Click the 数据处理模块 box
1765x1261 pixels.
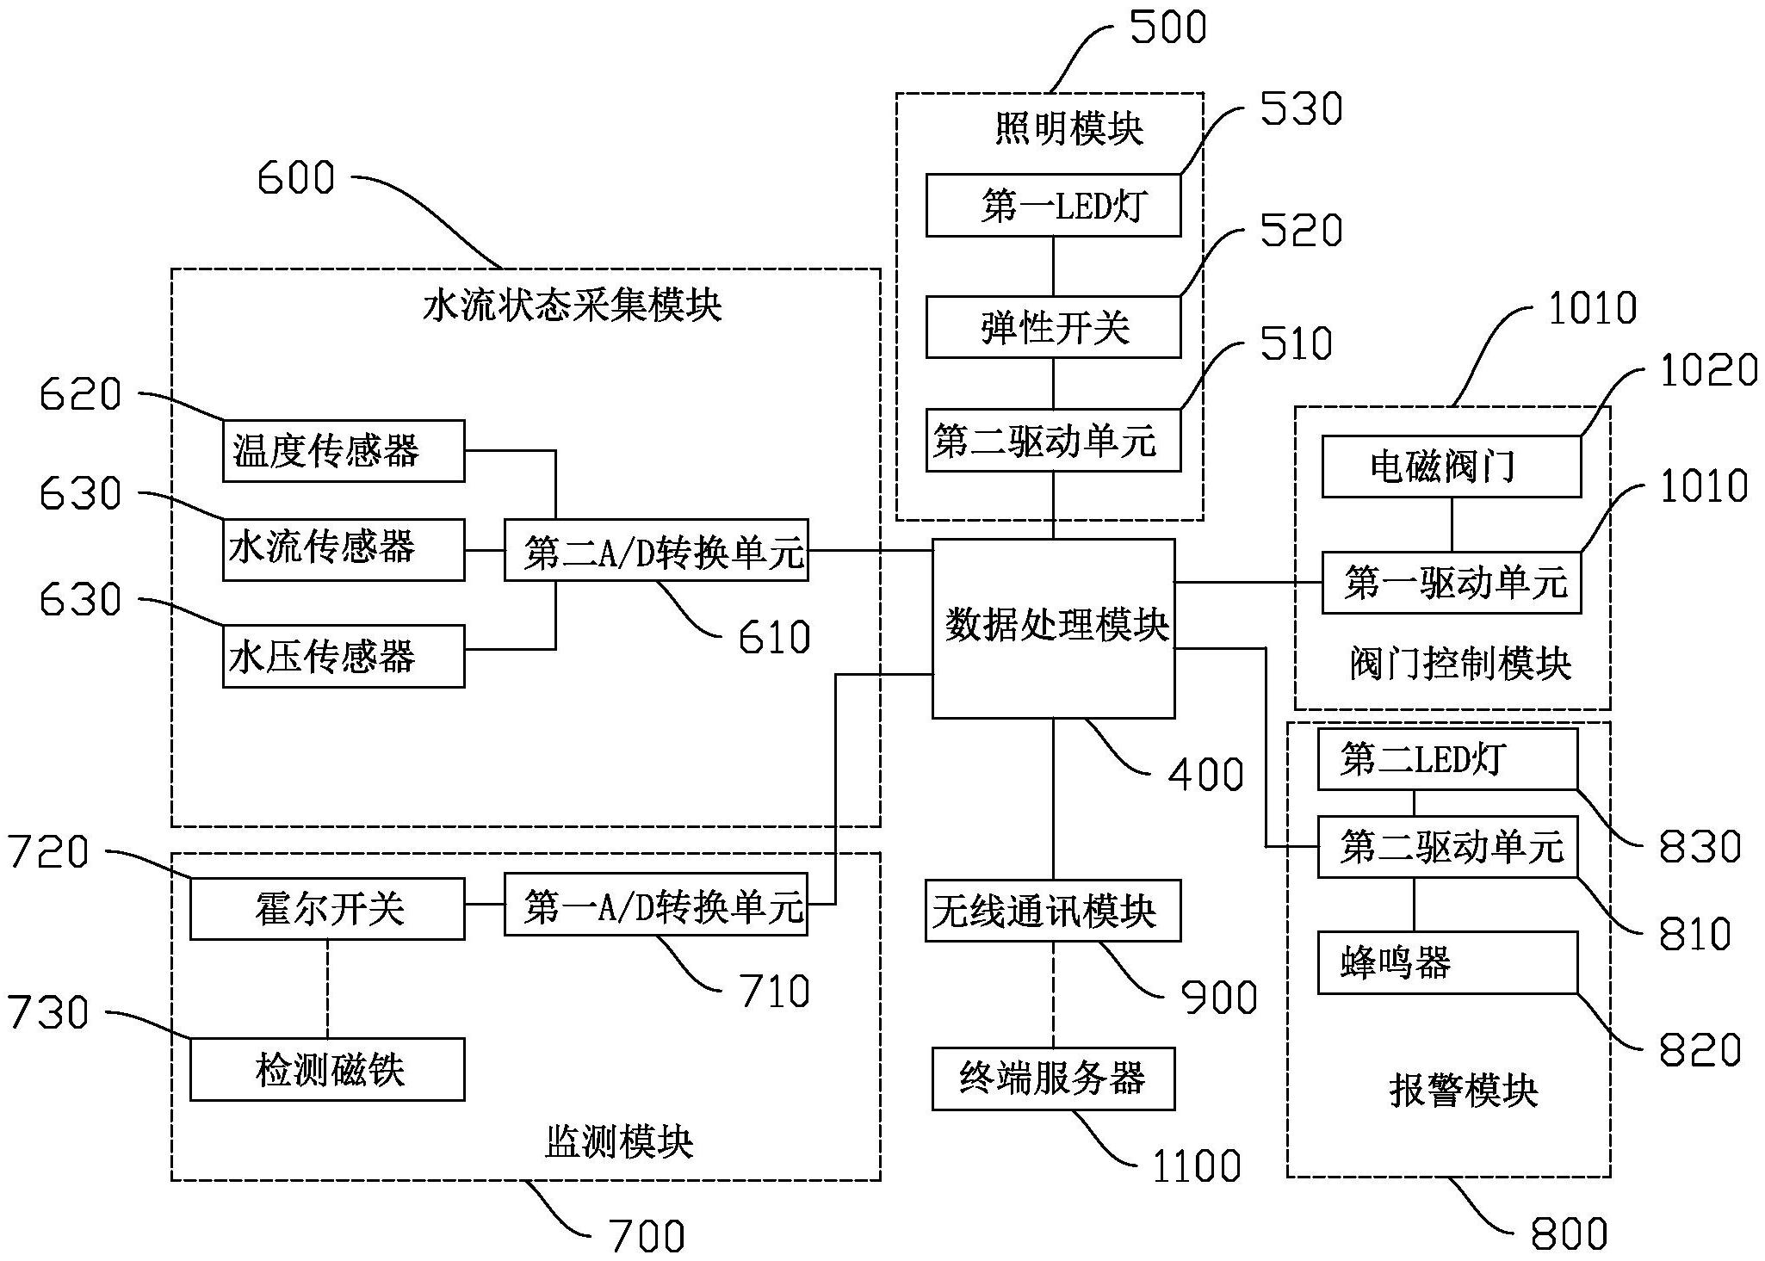[x=1053, y=628]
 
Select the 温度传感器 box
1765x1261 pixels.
[x=344, y=451]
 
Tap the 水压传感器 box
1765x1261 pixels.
[x=344, y=656]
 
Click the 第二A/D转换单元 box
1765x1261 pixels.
[x=656, y=550]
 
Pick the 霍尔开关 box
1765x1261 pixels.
[x=327, y=909]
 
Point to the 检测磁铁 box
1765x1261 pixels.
[x=327, y=1069]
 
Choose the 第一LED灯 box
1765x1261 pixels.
[x=1053, y=206]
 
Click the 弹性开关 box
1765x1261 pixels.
[x=1053, y=327]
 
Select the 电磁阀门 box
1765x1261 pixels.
[x=1451, y=467]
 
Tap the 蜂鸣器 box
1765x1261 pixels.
[x=1447, y=962]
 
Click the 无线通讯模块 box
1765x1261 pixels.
[x=1052, y=911]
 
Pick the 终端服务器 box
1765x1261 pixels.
[x=1053, y=1079]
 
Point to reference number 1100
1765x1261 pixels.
[x=1197, y=1166]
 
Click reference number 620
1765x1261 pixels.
[x=80, y=395]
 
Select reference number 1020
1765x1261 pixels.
[x=1708, y=371]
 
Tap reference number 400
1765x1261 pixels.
[x=1205, y=774]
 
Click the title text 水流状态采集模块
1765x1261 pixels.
[x=572, y=306]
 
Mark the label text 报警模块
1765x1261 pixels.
[x=1463, y=1090]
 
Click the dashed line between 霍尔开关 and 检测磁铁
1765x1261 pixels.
[x=327, y=988]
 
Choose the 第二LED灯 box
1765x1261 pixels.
[x=1447, y=759]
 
